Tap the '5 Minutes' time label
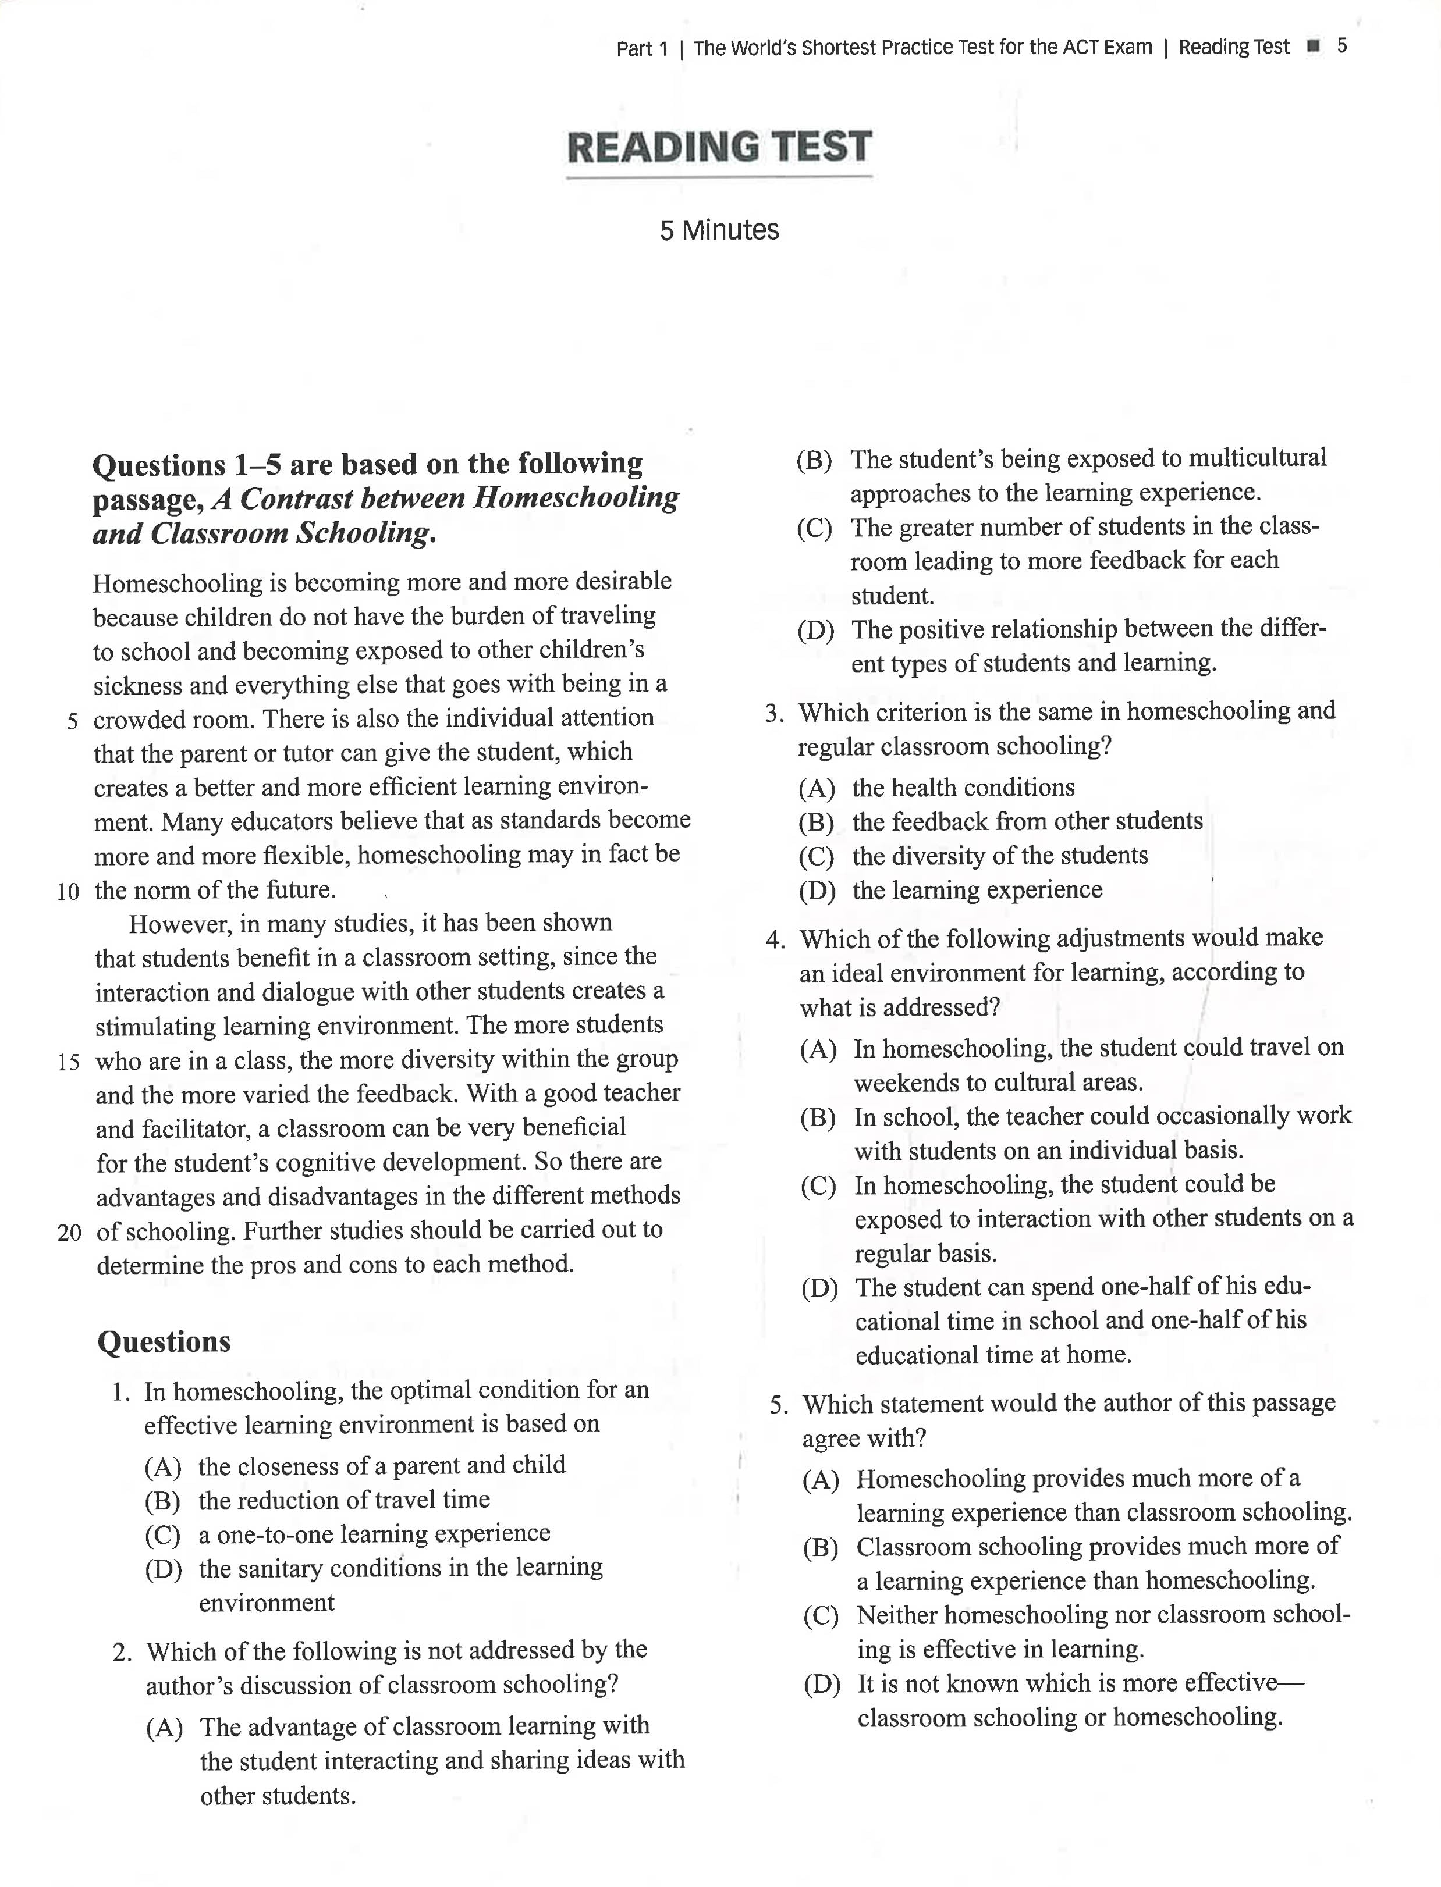point(719,230)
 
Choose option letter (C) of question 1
point(163,1534)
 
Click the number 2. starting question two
point(122,1652)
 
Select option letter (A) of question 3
point(817,788)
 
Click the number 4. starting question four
point(775,939)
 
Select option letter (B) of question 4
point(818,1117)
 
